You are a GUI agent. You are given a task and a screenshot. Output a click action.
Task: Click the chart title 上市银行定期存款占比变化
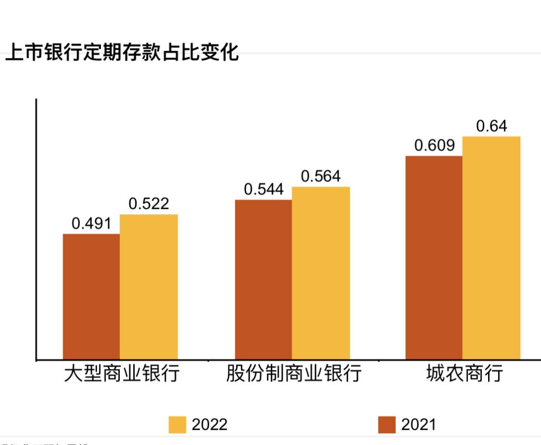[x=122, y=53]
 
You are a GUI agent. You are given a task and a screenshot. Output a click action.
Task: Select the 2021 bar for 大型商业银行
[x=91, y=296]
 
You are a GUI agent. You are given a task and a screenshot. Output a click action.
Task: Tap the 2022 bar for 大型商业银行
[x=149, y=287]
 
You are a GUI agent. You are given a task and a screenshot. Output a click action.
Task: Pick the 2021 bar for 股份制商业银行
[x=263, y=280]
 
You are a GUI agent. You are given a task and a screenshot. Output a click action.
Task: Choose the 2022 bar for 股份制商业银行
[x=321, y=273]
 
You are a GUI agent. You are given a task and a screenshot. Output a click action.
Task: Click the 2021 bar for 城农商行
[x=434, y=257]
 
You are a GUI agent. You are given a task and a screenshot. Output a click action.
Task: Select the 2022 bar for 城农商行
[x=491, y=248]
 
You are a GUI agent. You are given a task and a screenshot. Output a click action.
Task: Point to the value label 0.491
[x=91, y=224]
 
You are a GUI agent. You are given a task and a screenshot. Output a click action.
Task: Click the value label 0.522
[x=149, y=204]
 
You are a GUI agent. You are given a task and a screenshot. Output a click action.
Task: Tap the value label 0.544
[x=264, y=190]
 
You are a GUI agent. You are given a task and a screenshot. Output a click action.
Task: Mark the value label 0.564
[x=321, y=177]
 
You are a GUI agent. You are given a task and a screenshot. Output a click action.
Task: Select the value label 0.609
[x=434, y=145]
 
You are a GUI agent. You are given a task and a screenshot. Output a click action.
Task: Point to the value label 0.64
[x=491, y=126]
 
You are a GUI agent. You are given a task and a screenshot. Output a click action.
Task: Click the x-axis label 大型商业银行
[x=122, y=374]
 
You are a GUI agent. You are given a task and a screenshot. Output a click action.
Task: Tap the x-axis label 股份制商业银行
[x=293, y=374]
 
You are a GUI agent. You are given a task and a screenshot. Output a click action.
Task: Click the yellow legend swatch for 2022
[x=177, y=424]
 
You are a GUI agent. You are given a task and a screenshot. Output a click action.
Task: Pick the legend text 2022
[x=210, y=424]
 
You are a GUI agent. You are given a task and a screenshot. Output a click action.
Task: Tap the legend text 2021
[x=418, y=424]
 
